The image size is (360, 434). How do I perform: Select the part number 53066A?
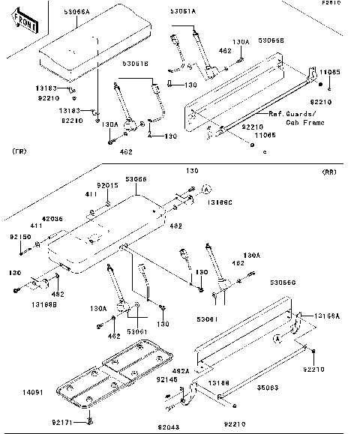click(76, 13)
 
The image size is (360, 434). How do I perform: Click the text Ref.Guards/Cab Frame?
click(294, 117)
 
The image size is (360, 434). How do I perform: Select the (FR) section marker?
click(20, 151)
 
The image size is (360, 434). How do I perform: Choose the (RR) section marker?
click(328, 172)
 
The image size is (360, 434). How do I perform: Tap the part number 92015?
click(106, 184)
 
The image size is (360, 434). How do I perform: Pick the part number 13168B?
click(25, 306)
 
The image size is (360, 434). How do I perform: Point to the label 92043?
click(169, 427)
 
